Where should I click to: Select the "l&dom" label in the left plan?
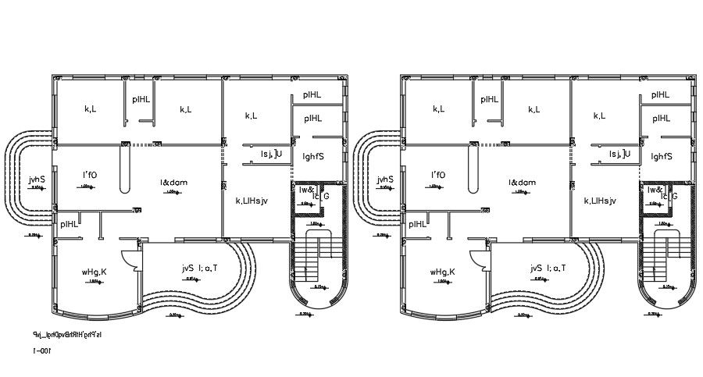[173, 183]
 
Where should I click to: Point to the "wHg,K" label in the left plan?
[94, 272]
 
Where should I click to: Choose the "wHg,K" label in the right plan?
[442, 272]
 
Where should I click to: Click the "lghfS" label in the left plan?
[312, 156]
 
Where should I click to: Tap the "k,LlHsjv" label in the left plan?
[252, 201]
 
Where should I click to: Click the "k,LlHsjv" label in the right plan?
[600, 201]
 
